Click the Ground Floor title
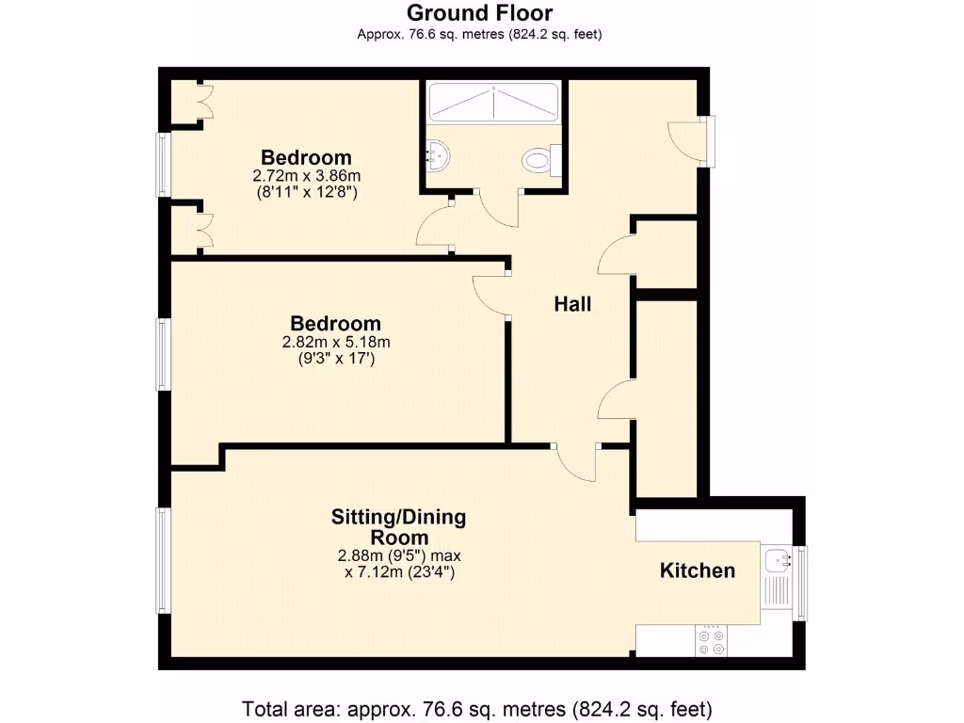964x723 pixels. [x=479, y=13]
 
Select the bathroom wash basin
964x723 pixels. [x=438, y=152]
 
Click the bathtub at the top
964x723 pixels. [x=493, y=102]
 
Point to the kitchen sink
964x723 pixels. [x=779, y=561]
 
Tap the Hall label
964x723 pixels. [x=572, y=304]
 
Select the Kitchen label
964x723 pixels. [x=697, y=570]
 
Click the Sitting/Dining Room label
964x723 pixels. [x=398, y=527]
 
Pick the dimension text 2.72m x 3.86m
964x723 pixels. [x=307, y=176]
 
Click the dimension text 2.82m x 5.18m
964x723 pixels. [x=336, y=342]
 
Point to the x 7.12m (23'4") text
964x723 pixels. [x=398, y=571]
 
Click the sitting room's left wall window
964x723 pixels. [x=163, y=560]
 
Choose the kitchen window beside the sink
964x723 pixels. [x=801, y=583]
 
